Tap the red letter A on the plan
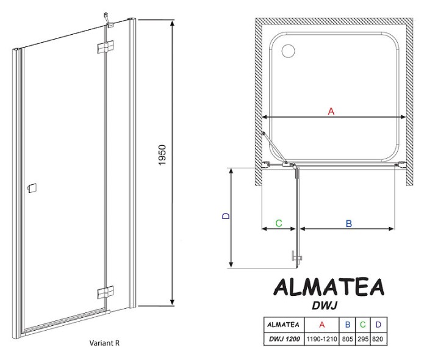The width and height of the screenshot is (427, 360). coord(331,111)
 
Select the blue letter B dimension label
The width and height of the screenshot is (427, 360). coord(349,224)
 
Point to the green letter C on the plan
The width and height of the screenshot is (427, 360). coord(278,223)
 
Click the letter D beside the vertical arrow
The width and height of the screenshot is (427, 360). coord(224,216)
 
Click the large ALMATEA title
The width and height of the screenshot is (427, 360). coord(328,287)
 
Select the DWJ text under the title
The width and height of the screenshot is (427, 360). coord(328,304)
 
